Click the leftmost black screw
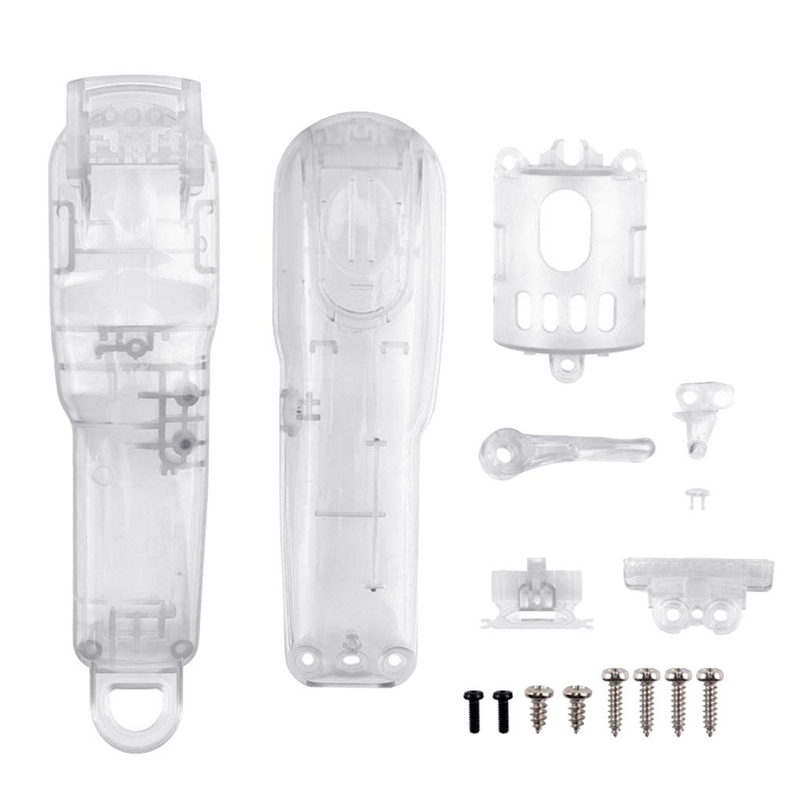click(x=473, y=711)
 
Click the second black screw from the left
click(x=502, y=711)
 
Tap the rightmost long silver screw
click(x=710, y=701)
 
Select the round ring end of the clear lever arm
click(x=499, y=452)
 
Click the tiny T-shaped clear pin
click(x=694, y=497)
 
